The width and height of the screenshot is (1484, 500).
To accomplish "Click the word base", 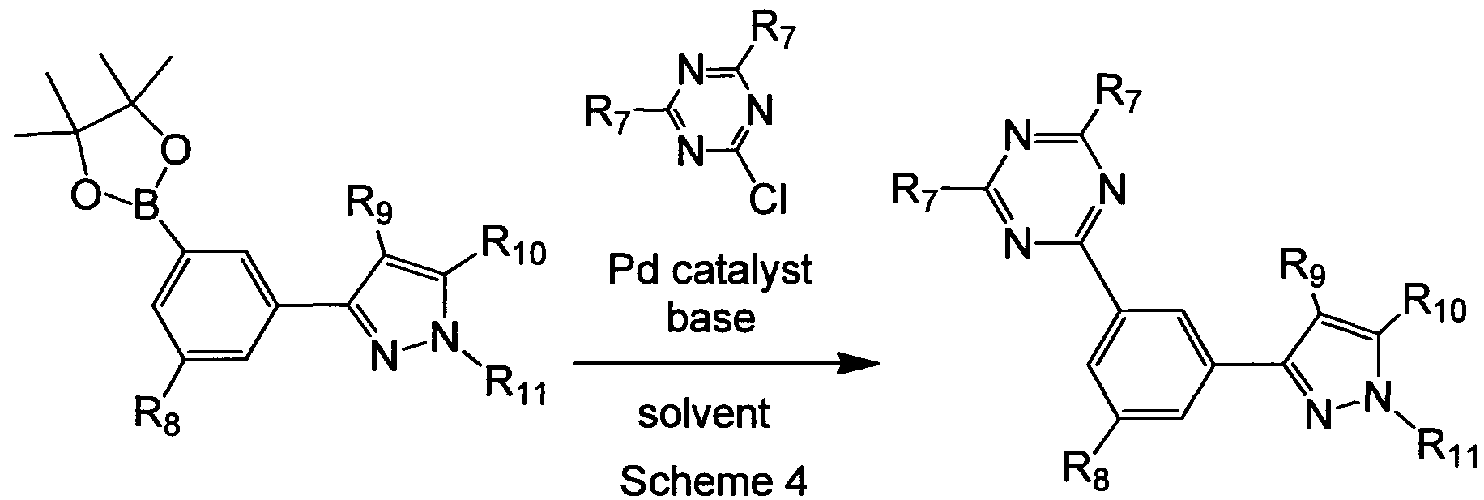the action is (x=710, y=318).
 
